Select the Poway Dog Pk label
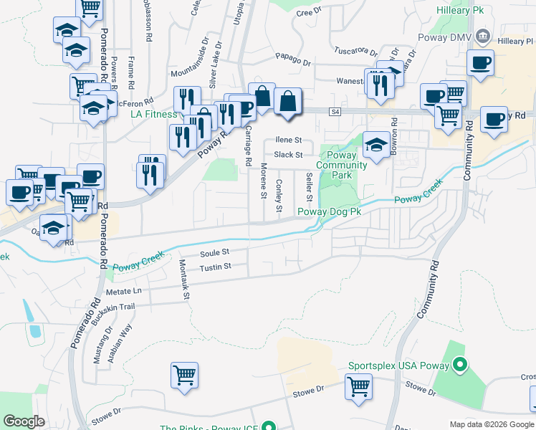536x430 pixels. tap(329, 211)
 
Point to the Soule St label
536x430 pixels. tap(214, 253)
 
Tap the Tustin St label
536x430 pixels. tap(215, 267)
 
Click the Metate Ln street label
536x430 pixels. tap(124, 292)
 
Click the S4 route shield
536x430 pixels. tap(335, 111)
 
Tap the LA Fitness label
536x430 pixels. tap(153, 114)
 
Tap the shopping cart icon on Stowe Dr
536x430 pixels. tap(358, 387)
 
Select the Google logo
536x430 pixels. tap(25, 421)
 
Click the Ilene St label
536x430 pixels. tap(289, 140)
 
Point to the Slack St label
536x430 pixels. tap(289, 154)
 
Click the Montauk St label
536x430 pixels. tap(185, 279)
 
